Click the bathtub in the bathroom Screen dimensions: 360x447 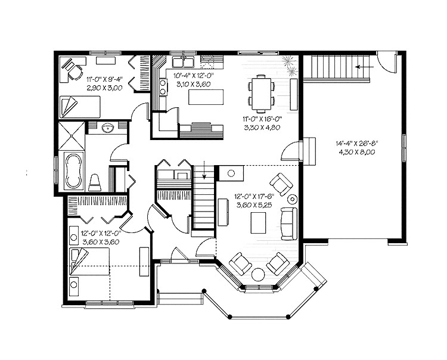pos(74,170)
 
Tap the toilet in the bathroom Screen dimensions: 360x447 pos(95,182)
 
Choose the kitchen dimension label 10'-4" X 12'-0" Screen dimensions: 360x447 pos(193,76)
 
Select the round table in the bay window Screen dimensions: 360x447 pos(260,275)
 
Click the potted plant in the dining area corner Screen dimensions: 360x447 pos(290,62)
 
